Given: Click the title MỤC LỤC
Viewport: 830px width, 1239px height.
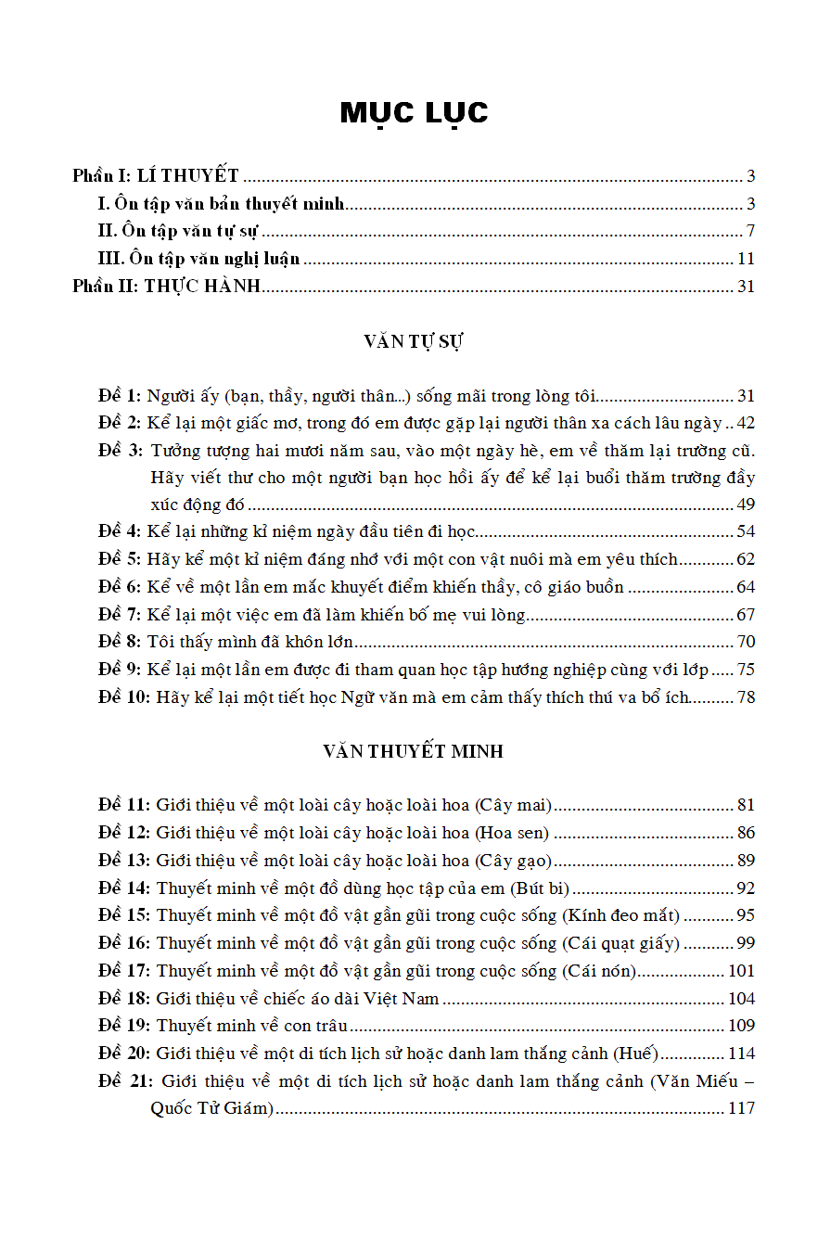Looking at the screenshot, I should (414, 112).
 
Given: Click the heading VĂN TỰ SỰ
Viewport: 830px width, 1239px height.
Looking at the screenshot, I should (414, 341).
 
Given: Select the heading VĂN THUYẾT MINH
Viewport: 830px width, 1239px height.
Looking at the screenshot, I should (414, 751).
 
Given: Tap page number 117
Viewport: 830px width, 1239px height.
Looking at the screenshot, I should (742, 1108).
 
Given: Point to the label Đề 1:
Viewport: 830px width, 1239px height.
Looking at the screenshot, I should (121, 396).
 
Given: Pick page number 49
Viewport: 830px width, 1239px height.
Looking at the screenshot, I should (746, 505).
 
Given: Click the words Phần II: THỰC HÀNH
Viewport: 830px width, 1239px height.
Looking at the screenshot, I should (167, 287).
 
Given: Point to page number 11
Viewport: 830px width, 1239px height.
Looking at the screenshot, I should (747, 259).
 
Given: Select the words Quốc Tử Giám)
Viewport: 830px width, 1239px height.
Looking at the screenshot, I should (212, 1108).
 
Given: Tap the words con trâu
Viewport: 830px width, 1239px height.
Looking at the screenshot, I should (318, 1026).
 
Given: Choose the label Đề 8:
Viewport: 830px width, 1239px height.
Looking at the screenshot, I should (121, 642).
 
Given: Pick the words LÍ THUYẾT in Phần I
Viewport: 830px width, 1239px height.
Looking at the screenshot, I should (188, 176).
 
